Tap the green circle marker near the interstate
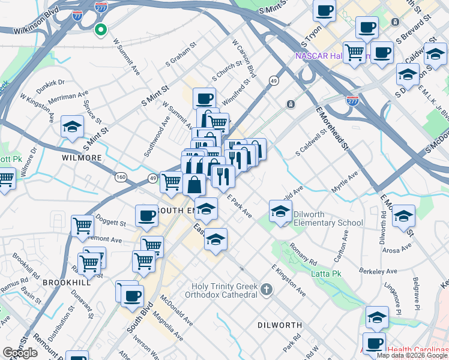(x=101, y=28)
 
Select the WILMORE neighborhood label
(x=82, y=158)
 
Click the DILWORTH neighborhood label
(x=279, y=325)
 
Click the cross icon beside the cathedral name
(x=267, y=290)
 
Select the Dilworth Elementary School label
(x=328, y=223)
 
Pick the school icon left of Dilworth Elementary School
(x=280, y=211)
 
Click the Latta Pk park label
(x=327, y=274)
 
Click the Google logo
(x=20, y=352)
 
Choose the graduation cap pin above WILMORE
(x=72, y=127)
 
